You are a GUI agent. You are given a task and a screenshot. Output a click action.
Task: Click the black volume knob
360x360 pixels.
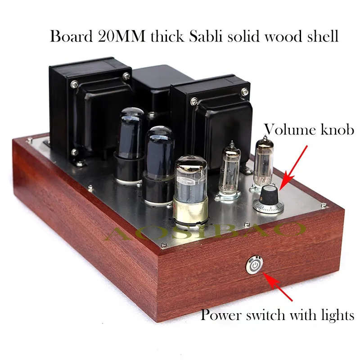tap(269, 195)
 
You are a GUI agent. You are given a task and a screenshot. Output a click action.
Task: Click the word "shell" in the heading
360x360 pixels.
tap(321, 36)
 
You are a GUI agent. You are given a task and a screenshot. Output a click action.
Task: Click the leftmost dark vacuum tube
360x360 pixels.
tap(130, 139)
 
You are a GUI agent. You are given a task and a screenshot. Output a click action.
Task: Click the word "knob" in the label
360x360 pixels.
tap(338, 130)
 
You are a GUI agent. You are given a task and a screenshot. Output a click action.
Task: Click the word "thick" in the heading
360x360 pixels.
tap(157, 36)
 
